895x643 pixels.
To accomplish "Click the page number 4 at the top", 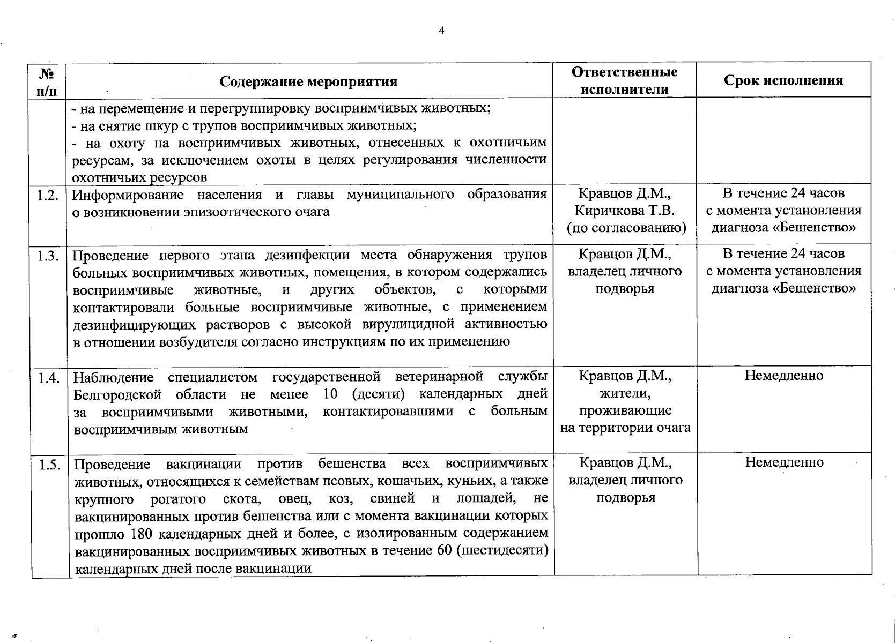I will click(441, 31).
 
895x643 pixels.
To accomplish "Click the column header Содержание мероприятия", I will click(308, 81).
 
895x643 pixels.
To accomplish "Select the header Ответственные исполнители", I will click(624, 80).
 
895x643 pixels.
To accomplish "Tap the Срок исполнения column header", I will click(783, 80).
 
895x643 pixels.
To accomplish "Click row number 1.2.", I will click(48, 195).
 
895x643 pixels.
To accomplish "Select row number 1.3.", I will click(48, 255).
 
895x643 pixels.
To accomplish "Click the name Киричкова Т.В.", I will click(625, 211).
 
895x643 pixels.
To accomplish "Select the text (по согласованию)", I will click(626, 228).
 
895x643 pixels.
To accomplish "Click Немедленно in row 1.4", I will click(783, 376).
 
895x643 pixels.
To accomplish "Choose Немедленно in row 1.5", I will click(784, 462).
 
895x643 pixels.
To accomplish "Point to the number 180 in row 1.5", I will click(142, 534).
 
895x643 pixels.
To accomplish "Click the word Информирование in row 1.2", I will click(128, 195).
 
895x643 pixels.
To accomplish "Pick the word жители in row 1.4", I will click(625, 394).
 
